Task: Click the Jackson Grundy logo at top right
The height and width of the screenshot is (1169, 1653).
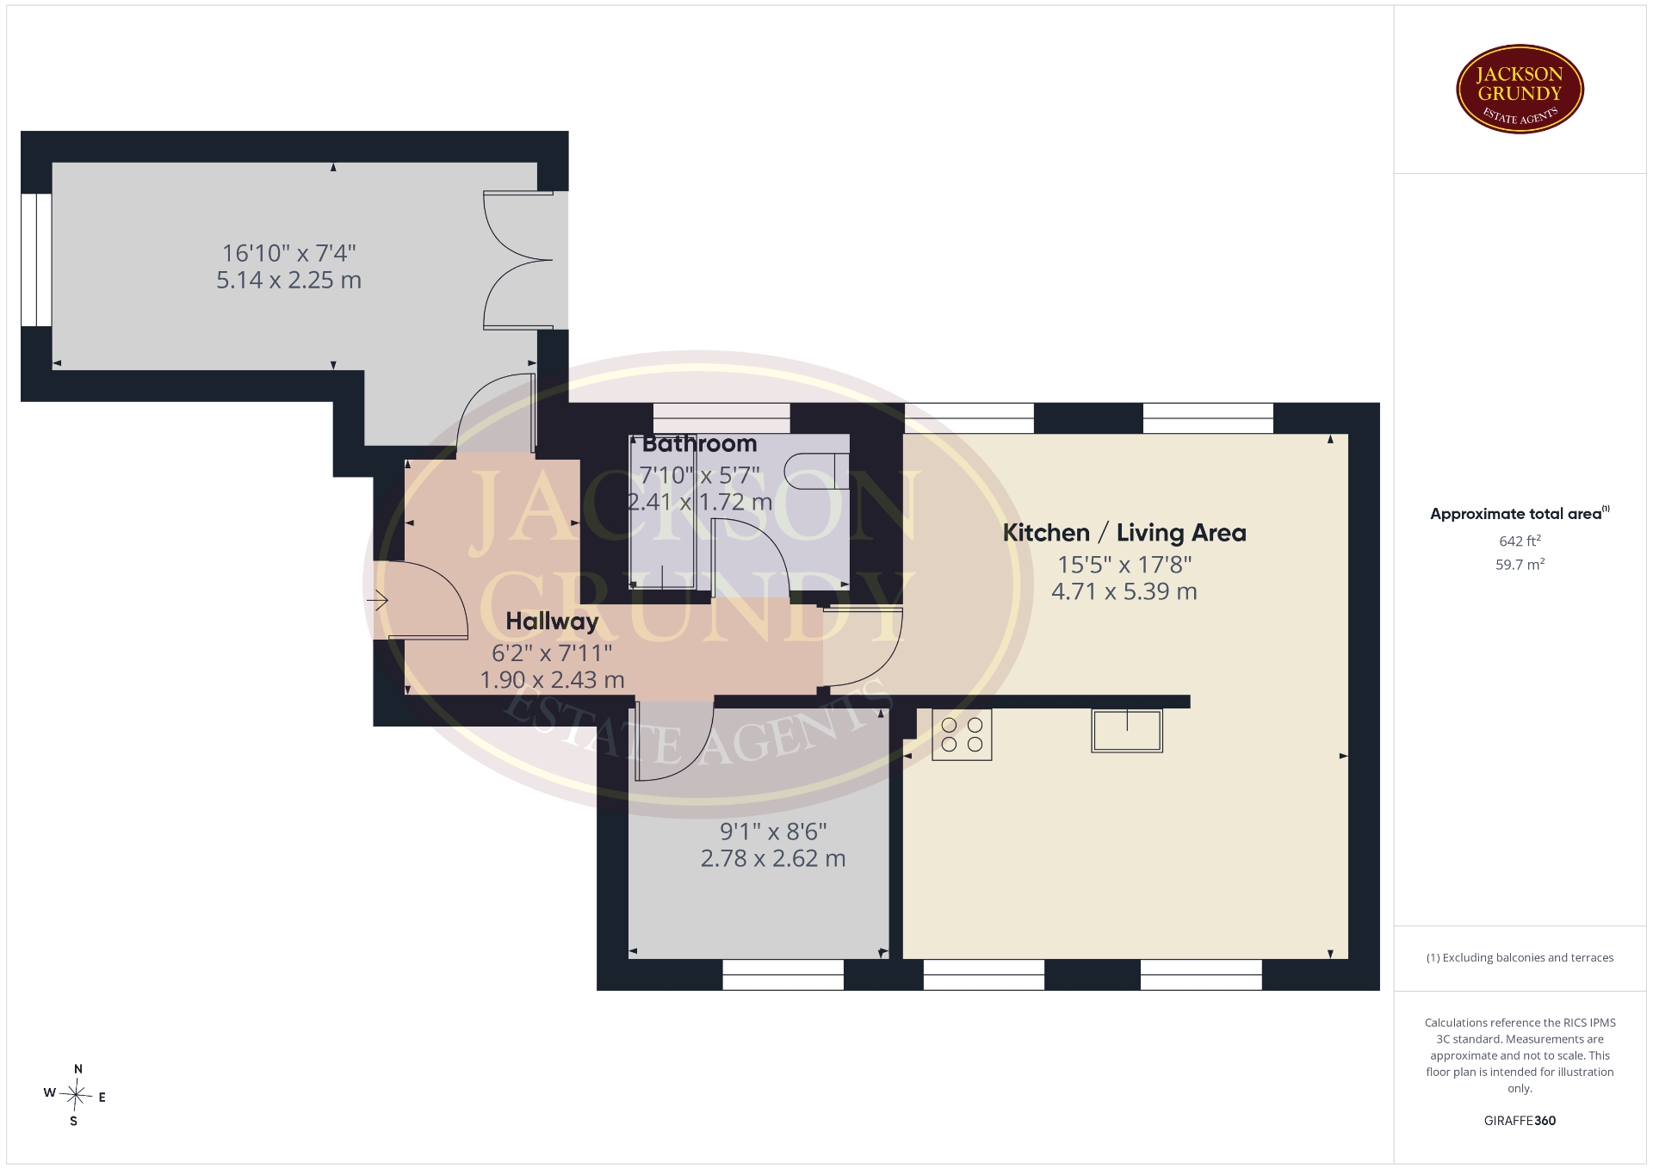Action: coord(1520,90)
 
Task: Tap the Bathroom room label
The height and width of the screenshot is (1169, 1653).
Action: coord(699,444)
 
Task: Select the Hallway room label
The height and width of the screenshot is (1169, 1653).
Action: coord(552,622)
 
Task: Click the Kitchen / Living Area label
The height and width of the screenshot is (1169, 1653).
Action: coord(1124,533)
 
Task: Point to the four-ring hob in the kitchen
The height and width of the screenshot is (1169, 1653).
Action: coord(962,734)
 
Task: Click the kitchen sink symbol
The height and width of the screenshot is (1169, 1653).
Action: coord(1127,731)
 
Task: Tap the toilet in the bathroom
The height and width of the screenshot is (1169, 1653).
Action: coord(817,471)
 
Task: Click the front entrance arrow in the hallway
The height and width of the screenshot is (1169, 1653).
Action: coord(377,600)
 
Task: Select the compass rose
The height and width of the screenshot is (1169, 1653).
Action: coord(76,1095)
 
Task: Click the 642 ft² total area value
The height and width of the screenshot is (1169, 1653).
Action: coord(1520,541)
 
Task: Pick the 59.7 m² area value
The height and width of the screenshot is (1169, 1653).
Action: coord(1520,565)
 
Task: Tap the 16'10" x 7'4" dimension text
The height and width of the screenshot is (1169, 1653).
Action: coord(289,253)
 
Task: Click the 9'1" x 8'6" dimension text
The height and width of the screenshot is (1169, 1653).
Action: coord(773,832)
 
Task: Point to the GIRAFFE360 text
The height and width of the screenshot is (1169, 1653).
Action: coord(1520,1121)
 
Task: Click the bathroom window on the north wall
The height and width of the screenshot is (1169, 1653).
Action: coord(721,418)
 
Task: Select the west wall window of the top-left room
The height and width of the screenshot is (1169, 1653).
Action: coord(36,260)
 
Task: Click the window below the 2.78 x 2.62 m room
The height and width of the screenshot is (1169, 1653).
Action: coord(783,975)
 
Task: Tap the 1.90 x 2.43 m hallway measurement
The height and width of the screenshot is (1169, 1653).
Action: coord(552,680)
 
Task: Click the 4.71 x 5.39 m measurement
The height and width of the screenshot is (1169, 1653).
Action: coord(1124,591)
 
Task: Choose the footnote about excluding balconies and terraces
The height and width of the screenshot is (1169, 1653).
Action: coord(1520,957)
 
